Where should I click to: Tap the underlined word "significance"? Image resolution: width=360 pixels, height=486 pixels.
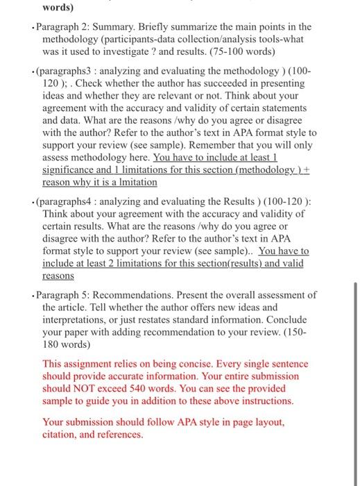[x=72, y=171]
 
